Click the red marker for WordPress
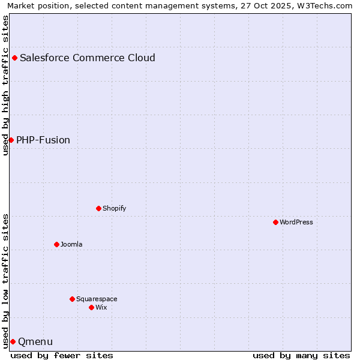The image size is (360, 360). click(275, 222)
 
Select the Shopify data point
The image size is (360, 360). click(98, 208)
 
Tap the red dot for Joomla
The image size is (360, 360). click(56, 244)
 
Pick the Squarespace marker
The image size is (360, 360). click(72, 299)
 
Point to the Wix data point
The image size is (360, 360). click(91, 307)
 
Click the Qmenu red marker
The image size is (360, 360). click(13, 341)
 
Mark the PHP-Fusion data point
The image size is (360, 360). click(11, 140)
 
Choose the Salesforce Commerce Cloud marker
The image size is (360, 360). click(14, 58)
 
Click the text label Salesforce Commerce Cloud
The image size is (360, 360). click(88, 58)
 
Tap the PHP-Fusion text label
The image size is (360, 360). click(43, 140)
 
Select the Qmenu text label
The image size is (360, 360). click(35, 342)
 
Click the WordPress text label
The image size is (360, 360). click(296, 222)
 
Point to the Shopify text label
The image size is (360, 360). click(114, 208)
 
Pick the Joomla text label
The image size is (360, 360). click(71, 244)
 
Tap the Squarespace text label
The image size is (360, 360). click(97, 299)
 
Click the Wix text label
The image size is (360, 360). click(101, 307)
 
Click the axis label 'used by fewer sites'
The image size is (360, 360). click(62, 355)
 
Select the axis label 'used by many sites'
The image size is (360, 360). click(301, 355)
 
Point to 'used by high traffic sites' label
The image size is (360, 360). click(5, 85)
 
